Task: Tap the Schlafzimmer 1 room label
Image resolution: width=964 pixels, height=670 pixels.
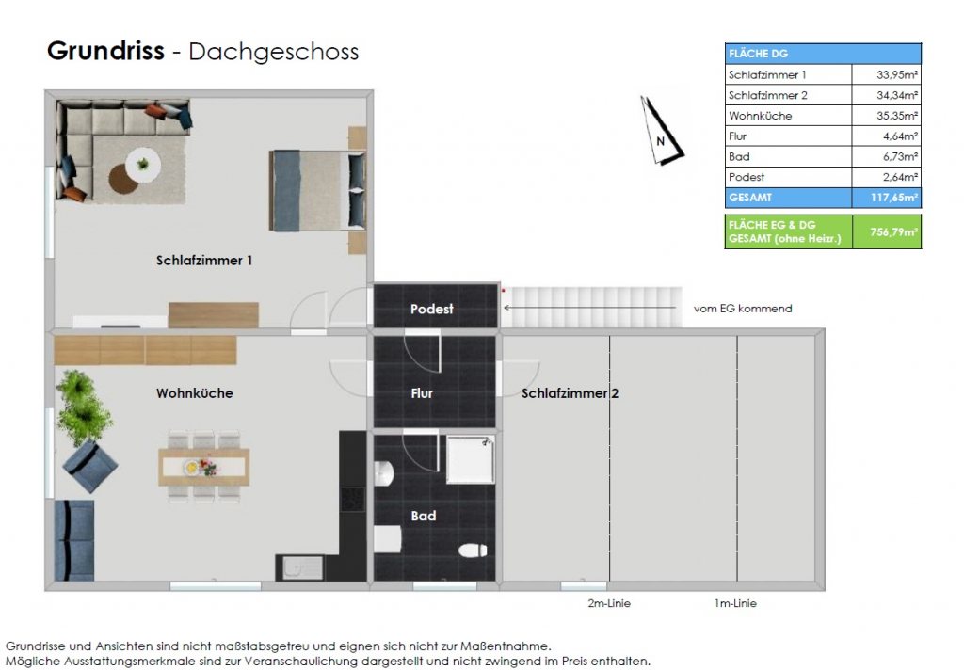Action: pyautogui.click(x=204, y=260)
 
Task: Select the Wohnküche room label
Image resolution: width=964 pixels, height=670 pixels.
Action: pyautogui.click(x=194, y=393)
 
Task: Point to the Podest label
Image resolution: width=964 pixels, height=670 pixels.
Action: pyautogui.click(x=432, y=309)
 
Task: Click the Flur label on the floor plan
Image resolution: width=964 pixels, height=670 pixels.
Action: pyautogui.click(x=422, y=393)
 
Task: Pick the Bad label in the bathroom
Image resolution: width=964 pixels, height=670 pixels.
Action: pyautogui.click(x=424, y=516)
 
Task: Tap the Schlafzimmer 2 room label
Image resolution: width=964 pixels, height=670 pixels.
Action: pyautogui.click(x=570, y=393)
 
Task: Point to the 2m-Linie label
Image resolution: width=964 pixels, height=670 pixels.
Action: pyautogui.click(x=609, y=603)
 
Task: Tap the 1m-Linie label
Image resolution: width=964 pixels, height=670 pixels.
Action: pyautogui.click(x=735, y=603)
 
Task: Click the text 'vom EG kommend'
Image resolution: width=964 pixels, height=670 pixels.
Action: pyautogui.click(x=743, y=308)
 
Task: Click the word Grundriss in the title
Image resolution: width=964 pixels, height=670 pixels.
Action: pyautogui.click(x=105, y=51)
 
